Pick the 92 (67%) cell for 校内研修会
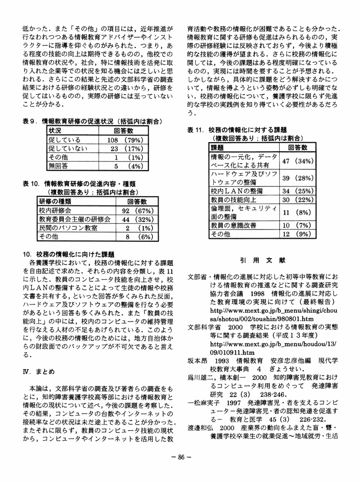click(136, 211)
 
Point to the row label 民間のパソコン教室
click(68, 228)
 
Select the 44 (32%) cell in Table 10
click(136, 219)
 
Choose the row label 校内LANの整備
click(237, 191)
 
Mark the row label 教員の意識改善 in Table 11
click(233, 225)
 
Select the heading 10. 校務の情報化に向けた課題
click(69, 254)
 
